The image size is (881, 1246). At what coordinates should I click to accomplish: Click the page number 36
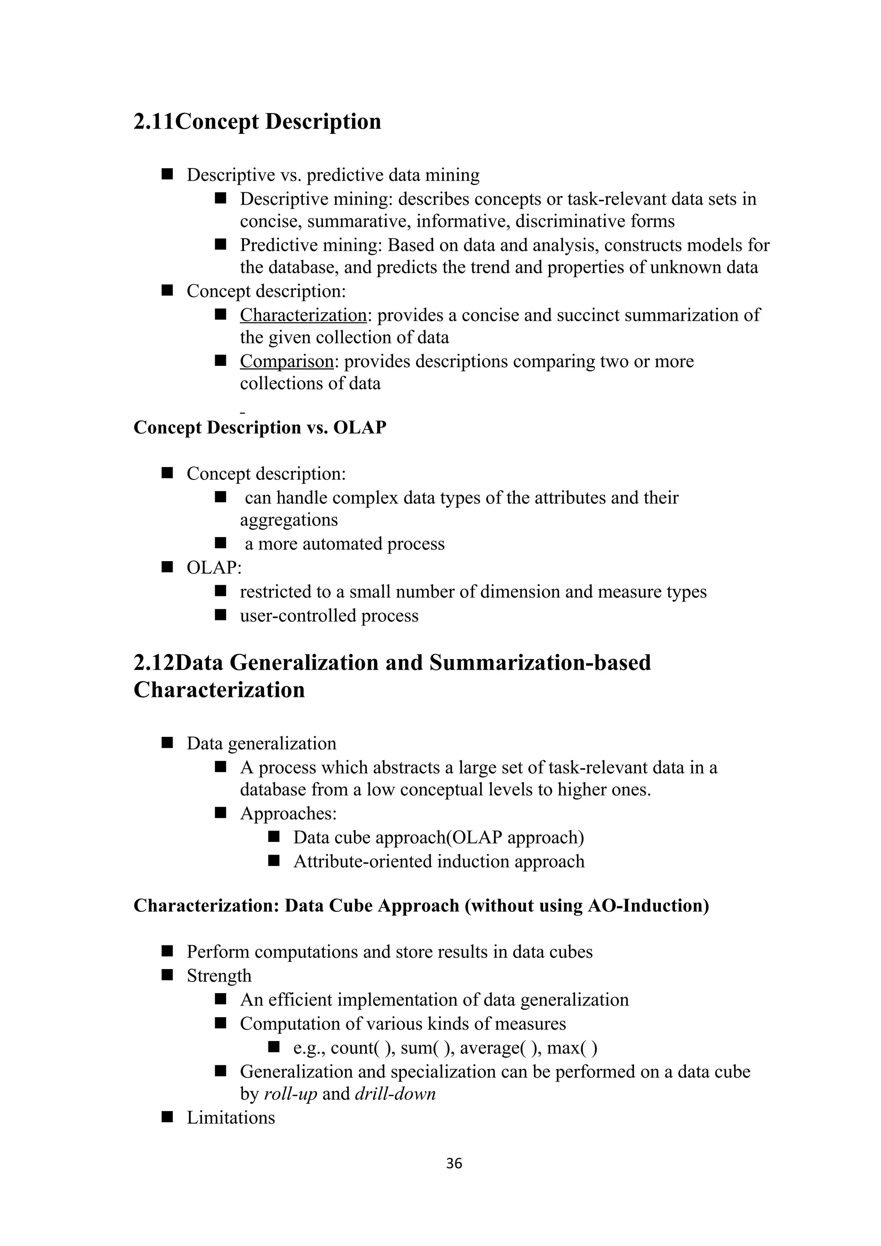click(x=454, y=1163)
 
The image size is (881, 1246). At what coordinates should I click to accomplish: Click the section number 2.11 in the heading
click(x=154, y=122)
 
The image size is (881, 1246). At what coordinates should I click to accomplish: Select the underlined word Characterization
click(x=303, y=315)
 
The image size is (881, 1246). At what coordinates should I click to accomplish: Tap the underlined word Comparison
click(x=286, y=362)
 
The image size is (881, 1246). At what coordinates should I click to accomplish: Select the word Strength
click(x=219, y=976)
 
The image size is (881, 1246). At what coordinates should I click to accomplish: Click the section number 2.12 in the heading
click(x=154, y=663)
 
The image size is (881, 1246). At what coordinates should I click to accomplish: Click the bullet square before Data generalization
click(x=166, y=743)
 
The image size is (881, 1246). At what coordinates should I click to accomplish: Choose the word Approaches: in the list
click(x=288, y=813)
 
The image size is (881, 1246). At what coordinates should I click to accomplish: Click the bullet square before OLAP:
click(x=166, y=567)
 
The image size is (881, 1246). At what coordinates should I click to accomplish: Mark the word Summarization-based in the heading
click(x=540, y=663)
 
